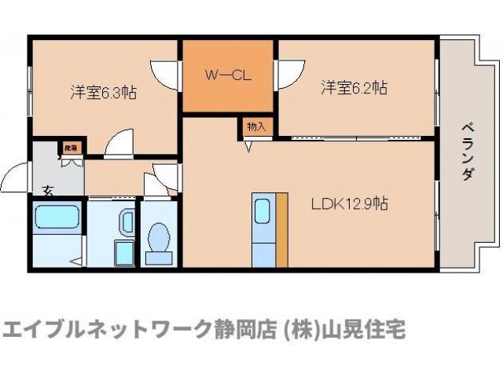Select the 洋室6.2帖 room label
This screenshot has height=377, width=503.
click(x=353, y=87)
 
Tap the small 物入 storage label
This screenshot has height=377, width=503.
click(x=256, y=126)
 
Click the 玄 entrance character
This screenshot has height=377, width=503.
click(x=46, y=189)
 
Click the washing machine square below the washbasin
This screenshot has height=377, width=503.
click(x=125, y=254)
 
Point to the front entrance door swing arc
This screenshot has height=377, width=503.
click(x=16, y=177)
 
